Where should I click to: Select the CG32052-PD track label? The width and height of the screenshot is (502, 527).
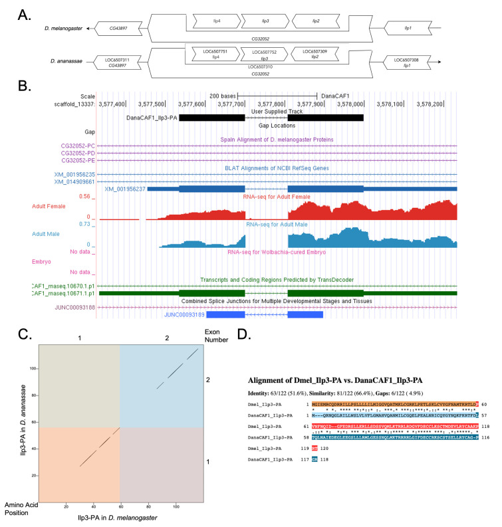point(78,153)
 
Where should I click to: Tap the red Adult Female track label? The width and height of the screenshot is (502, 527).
point(53,207)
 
